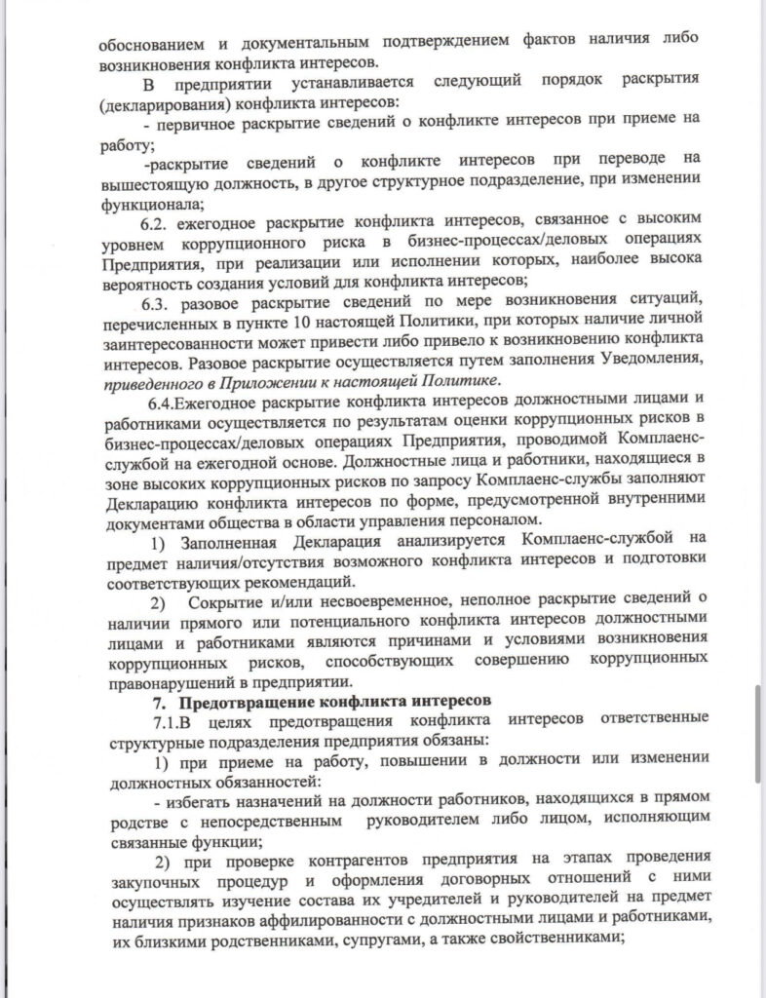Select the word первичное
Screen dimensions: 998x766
(194, 126)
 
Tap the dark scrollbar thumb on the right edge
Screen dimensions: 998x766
(758, 733)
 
